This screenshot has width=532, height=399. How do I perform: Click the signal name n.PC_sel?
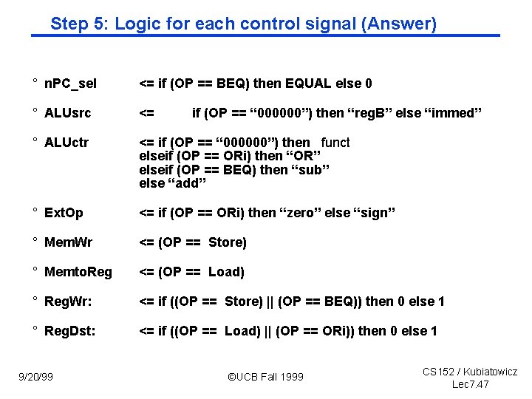[x=70, y=83]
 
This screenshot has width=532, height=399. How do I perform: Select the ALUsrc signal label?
[x=67, y=113]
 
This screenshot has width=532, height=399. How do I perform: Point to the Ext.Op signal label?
[x=64, y=213]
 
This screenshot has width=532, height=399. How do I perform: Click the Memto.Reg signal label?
[x=78, y=272]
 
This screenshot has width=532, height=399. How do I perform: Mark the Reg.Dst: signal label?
[x=70, y=331]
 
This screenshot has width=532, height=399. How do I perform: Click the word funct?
[x=335, y=143]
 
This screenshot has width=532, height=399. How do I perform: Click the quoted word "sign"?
[x=376, y=213]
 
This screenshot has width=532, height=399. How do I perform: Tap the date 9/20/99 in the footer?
[x=37, y=377]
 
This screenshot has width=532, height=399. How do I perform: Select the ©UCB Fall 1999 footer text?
[x=265, y=377]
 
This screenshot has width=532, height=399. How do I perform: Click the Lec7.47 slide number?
[x=470, y=384]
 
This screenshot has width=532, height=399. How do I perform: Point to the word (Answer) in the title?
[x=398, y=24]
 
